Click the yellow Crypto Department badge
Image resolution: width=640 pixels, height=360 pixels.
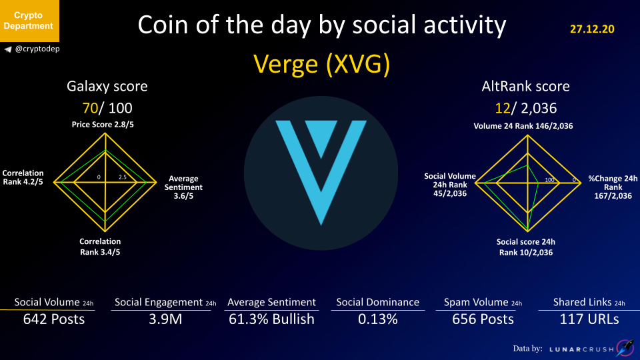(x=29, y=21)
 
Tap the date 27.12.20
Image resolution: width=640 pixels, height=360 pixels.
(x=592, y=29)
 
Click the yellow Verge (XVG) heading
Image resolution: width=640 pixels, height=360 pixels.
(x=321, y=64)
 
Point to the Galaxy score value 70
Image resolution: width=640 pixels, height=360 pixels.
(x=90, y=108)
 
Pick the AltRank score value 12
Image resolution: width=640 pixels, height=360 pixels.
(x=503, y=108)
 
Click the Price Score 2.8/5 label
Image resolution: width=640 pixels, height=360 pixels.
(x=103, y=125)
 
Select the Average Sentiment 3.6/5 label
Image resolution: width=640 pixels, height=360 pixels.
(x=183, y=187)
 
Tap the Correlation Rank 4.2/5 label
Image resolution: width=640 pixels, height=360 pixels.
(x=23, y=177)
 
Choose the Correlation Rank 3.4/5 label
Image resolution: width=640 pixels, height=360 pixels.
(x=100, y=247)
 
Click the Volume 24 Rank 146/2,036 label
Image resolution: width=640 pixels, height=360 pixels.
(x=523, y=126)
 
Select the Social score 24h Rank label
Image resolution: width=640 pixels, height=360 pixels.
(x=526, y=247)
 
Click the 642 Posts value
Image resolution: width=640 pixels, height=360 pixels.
(x=54, y=319)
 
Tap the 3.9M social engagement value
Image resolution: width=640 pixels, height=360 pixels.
(x=165, y=319)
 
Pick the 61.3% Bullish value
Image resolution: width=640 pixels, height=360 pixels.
(x=271, y=319)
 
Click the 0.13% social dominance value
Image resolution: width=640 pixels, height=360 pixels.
(x=378, y=319)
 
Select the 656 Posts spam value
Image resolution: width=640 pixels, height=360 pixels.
(x=483, y=319)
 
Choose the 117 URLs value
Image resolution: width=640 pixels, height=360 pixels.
(x=589, y=319)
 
